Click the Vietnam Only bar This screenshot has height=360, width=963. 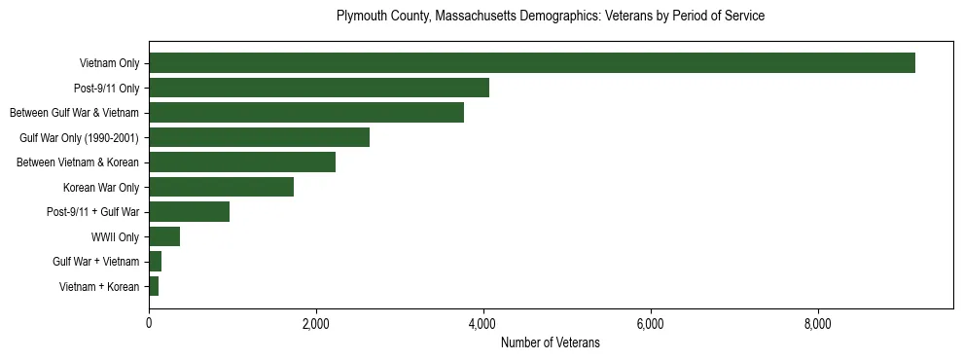click(531, 63)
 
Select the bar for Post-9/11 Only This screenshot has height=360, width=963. click(319, 88)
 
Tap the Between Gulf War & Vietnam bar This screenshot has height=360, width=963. click(306, 113)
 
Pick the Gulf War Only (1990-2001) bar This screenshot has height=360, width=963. click(259, 137)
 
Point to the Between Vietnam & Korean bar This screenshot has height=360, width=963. click(242, 162)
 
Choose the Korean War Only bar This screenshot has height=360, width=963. click(221, 187)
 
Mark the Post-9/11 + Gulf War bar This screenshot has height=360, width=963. click(189, 212)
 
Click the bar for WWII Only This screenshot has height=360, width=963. click(164, 236)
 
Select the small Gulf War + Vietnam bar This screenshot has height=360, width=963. click(155, 262)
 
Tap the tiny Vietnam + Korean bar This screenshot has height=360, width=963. click(154, 286)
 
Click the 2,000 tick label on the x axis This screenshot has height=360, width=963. click(316, 324)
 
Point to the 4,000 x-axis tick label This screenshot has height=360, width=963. click(483, 324)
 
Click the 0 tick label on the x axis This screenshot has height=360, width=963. click(149, 324)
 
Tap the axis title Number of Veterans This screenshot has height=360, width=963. click(550, 343)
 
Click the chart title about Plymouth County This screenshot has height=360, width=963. click(550, 17)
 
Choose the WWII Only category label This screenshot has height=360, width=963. click(115, 236)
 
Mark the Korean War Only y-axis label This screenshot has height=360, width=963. click(101, 187)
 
